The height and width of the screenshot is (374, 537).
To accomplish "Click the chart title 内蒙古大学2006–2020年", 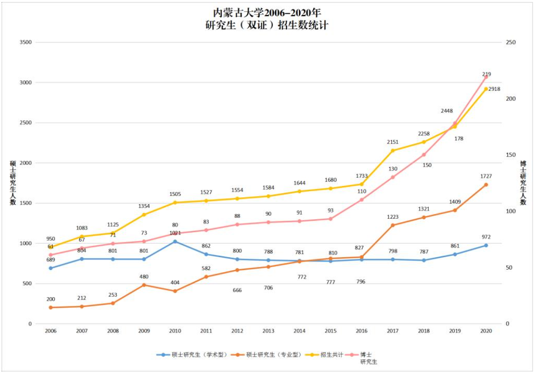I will point(268,12).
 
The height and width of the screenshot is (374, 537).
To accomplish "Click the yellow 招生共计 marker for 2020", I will point(486,89).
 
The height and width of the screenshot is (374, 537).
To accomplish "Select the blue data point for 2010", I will point(175,242).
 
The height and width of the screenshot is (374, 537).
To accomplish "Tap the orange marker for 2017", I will point(393,225).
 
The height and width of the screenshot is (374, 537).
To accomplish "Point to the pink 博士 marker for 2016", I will point(362,200).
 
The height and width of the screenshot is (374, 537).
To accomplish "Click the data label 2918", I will point(495,89).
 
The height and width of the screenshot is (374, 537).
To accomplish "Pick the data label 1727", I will point(486,176).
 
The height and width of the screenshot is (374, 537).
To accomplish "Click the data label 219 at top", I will point(486,74).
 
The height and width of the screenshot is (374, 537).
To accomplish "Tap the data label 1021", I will point(174,233).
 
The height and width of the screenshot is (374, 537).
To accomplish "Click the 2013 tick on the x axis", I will point(268,331).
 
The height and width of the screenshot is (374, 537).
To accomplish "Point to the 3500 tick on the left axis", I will point(25,42).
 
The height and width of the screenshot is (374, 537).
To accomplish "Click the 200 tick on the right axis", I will point(510,99).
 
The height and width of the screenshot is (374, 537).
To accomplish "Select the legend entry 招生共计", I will point(332,355).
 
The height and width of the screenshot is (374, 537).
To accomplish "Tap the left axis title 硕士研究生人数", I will point(13,182).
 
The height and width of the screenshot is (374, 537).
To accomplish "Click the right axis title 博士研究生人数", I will point(523,182).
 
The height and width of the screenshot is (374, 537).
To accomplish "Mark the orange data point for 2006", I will point(50,308).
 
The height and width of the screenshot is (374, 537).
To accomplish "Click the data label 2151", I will point(393,142).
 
